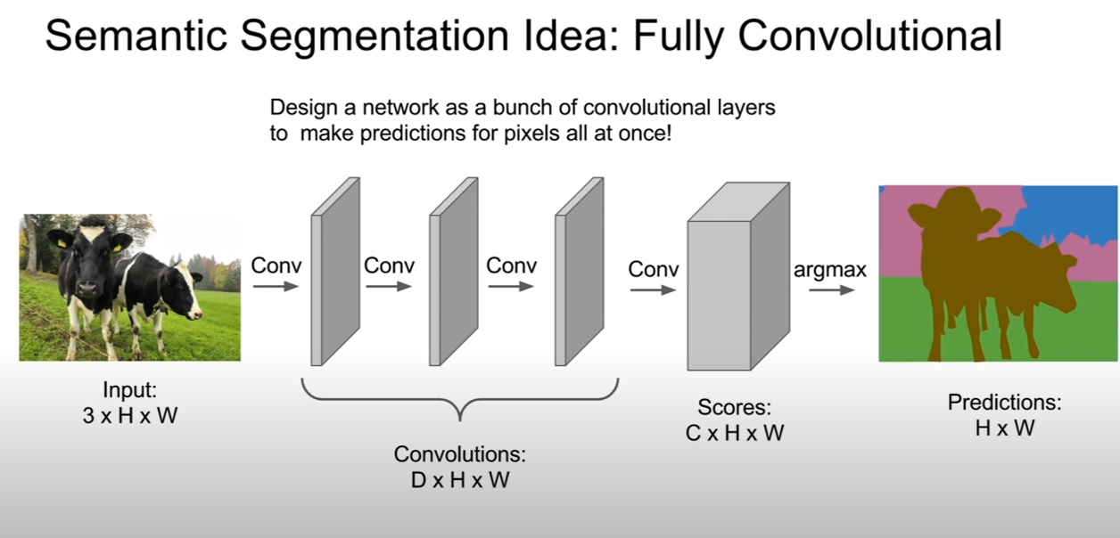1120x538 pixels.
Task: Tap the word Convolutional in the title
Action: tap(870, 35)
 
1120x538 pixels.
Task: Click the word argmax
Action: tap(829, 270)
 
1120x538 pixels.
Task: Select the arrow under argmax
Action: tap(831, 289)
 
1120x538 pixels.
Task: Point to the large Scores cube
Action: tap(738, 276)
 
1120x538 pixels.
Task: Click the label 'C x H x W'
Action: tap(735, 433)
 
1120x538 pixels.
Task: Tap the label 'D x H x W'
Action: tap(460, 480)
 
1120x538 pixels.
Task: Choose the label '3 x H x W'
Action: tap(130, 415)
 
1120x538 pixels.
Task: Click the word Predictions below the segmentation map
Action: tap(1004, 402)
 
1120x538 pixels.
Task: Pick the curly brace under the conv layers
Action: tap(460, 399)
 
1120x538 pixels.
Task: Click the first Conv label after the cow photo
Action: tap(276, 265)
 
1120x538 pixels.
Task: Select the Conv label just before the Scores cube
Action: tap(653, 269)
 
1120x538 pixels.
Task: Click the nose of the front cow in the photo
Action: tap(87, 289)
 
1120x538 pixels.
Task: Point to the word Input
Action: tap(129, 389)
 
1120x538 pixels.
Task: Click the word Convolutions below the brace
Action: tap(460, 454)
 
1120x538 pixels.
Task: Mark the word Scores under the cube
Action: tap(735, 407)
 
